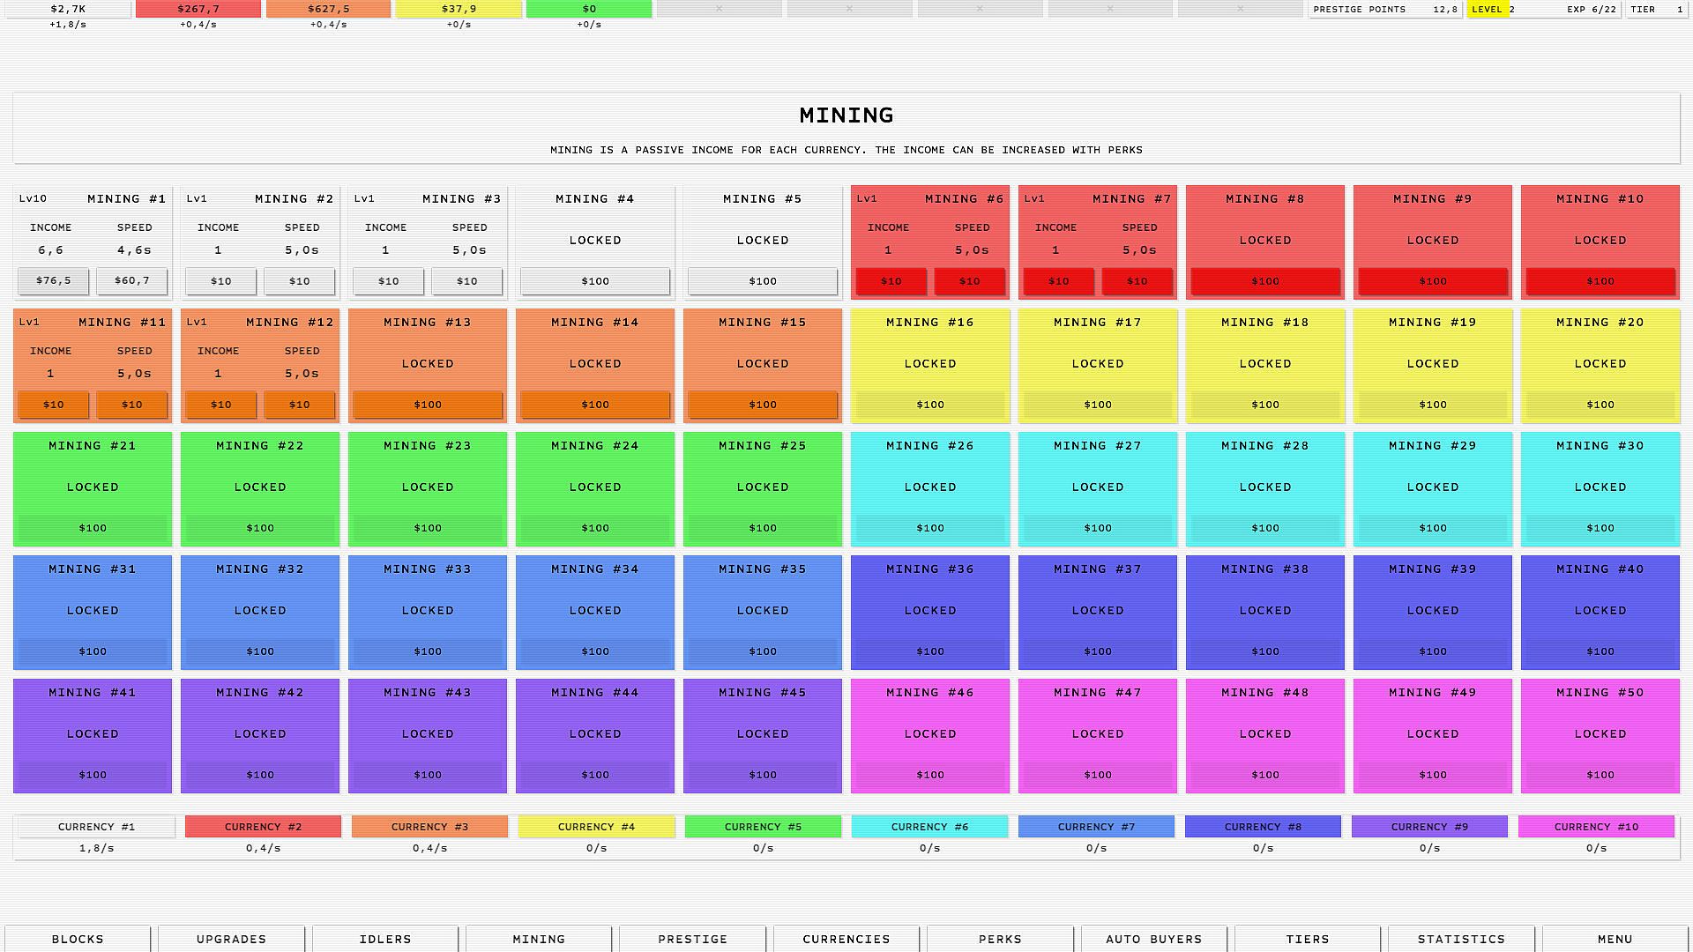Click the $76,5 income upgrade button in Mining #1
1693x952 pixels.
click(53, 281)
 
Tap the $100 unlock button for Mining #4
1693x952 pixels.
click(595, 281)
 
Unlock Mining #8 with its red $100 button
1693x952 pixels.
click(1265, 281)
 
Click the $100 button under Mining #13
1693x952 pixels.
click(428, 405)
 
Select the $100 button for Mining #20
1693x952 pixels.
click(1600, 405)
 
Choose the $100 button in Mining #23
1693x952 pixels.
click(428, 528)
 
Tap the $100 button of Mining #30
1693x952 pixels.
click(1600, 528)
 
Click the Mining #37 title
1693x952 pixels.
click(1098, 569)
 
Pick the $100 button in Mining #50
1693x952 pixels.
click(1600, 775)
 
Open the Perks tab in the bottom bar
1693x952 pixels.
click(1000, 939)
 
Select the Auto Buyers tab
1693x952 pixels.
click(1153, 939)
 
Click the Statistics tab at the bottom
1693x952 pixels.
click(1461, 939)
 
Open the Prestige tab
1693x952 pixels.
click(693, 939)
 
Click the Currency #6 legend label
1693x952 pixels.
click(929, 827)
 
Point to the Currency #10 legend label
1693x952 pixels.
click(1596, 827)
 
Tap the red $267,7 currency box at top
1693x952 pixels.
click(198, 9)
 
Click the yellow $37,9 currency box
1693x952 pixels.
click(459, 9)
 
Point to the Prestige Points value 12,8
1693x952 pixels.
click(1445, 10)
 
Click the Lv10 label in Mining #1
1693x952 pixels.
click(34, 199)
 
